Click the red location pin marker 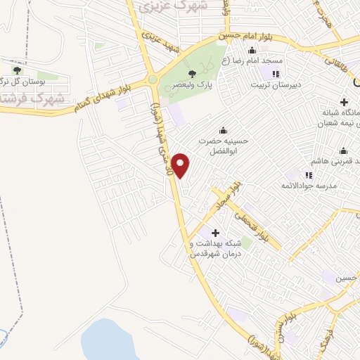coord(181,165)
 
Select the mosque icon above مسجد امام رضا coord(252,50)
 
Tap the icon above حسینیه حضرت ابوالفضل coord(223,129)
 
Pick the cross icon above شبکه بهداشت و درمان coord(215,232)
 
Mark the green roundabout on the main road coord(153,79)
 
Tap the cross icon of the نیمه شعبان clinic coord(343,102)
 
